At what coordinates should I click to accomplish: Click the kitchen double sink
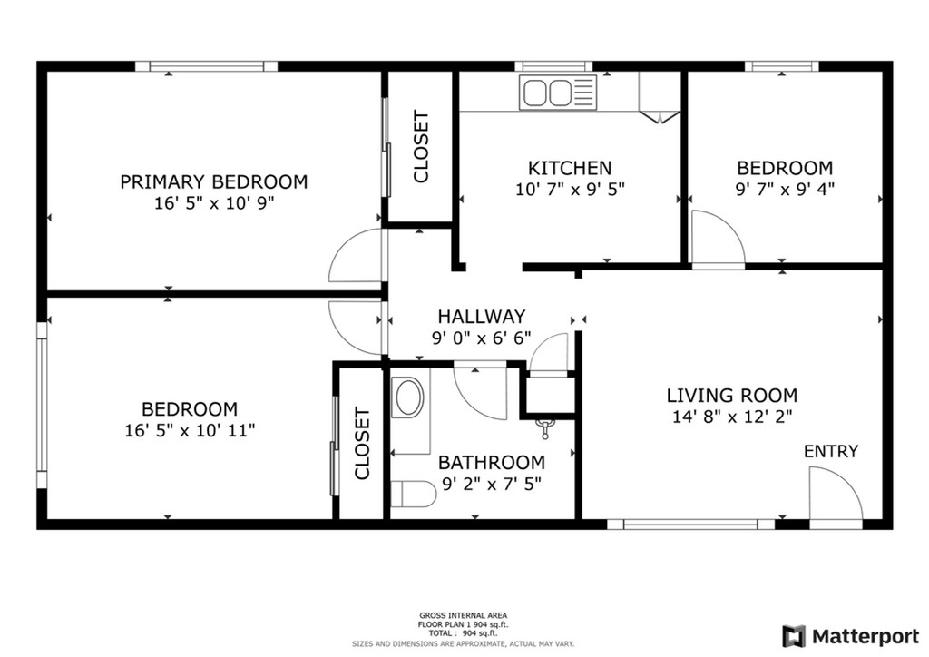[558, 93]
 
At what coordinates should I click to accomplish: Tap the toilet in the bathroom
[414, 494]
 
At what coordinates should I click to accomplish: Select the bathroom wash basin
[409, 397]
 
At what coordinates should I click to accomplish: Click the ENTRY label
[831, 451]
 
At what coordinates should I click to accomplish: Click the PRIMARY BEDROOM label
[214, 181]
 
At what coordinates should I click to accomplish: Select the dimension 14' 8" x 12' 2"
[732, 417]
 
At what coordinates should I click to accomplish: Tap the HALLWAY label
[482, 317]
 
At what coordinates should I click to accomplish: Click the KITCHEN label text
[570, 168]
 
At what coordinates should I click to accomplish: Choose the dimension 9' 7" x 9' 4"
[785, 189]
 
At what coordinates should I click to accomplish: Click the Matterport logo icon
[794, 637]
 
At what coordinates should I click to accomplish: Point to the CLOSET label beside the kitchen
[421, 146]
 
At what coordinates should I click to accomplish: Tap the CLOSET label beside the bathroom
[362, 443]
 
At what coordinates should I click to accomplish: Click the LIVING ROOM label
[732, 396]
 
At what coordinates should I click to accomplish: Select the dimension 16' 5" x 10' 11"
[190, 430]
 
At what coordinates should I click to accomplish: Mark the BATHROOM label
[492, 462]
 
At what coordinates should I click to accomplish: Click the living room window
[690, 525]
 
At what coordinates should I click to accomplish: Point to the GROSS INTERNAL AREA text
[463, 615]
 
